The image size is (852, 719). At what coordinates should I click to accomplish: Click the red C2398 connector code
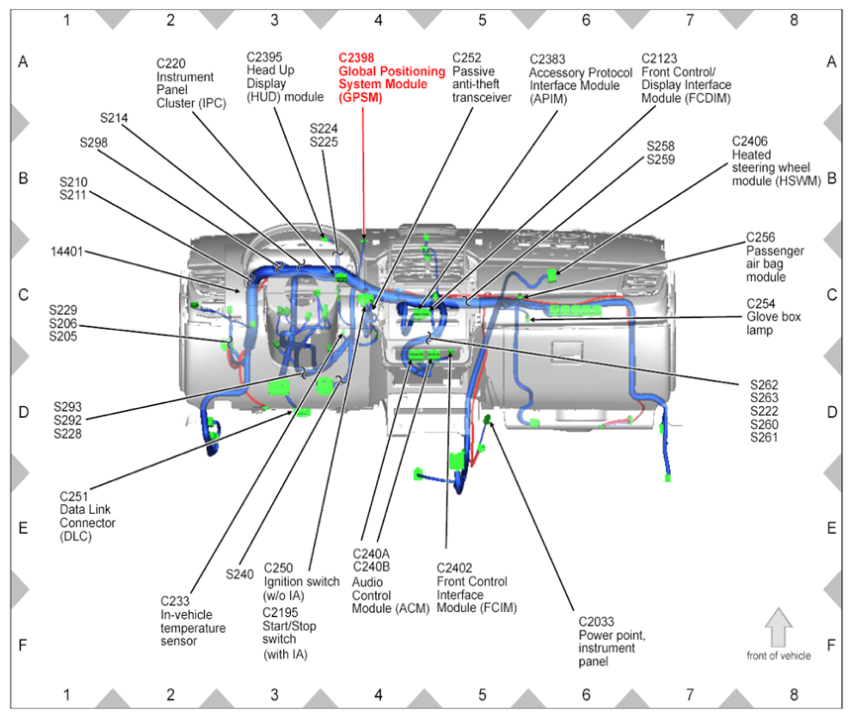pyautogui.click(x=357, y=58)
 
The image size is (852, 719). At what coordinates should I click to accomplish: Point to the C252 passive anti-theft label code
pyautogui.click(x=467, y=58)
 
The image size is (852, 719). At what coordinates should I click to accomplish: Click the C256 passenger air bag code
pyautogui.click(x=761, y=238)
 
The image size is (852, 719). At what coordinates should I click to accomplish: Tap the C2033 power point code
pyautogui.click(x=601, y=622)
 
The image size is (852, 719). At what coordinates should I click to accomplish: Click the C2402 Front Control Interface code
pyautogui.click(x=457, y=567)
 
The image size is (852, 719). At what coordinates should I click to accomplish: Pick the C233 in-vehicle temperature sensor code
pyautogui.click(x=177, y=600)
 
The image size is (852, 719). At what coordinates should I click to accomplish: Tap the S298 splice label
pyautogui.click(x=94, y=143)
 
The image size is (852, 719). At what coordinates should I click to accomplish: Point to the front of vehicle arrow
pyautogui.click(x=779, y=627)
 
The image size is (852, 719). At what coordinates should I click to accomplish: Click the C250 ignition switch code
pyautogui.click(x=279, y=568)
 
